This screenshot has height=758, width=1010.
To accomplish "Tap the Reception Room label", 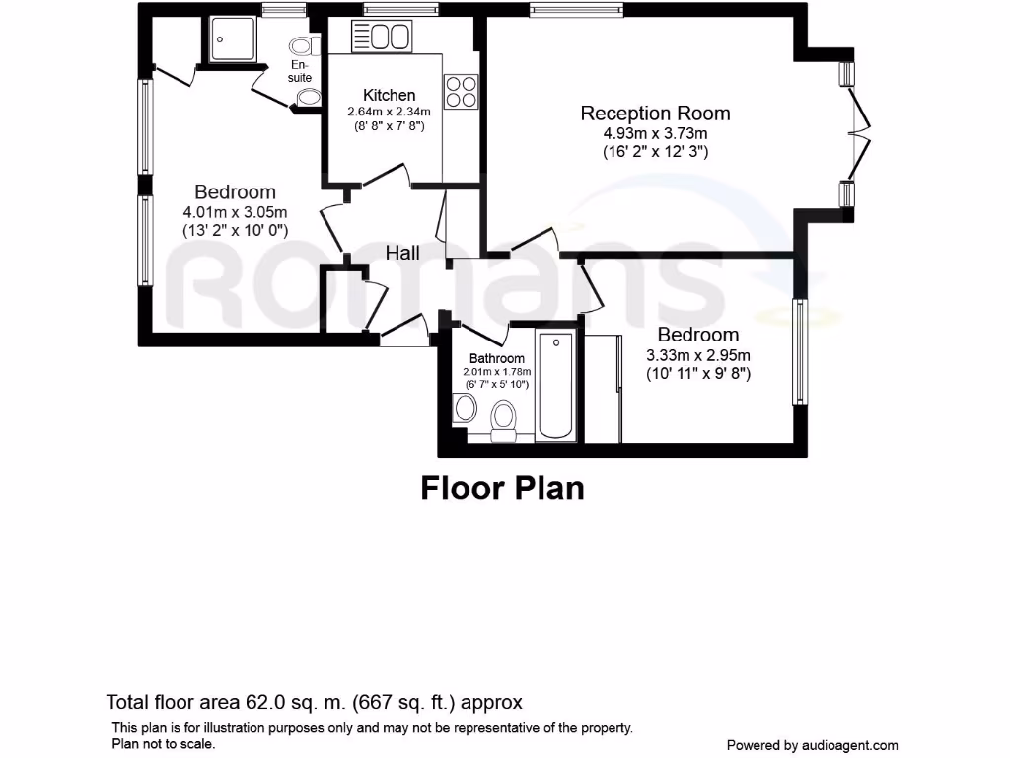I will [655, 114].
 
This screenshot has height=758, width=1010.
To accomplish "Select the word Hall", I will [402, 253].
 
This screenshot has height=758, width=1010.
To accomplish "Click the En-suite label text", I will [301, 71].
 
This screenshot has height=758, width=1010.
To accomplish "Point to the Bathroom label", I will [496, 358].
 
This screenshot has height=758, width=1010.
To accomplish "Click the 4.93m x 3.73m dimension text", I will [655, 133].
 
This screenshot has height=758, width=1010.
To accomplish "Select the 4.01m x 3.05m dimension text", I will [235, 212].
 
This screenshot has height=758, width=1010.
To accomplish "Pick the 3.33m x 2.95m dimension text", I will [698, 355].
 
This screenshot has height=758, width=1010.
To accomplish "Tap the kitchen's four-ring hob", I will [461, 92].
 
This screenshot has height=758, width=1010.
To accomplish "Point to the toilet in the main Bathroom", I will [505, 416].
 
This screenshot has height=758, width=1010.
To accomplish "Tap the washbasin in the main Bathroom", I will [465, 406].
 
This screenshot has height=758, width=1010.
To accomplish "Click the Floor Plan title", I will [502, 488].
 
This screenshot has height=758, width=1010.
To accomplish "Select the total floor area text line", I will [314, 703].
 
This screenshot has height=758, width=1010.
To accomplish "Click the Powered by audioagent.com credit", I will [812, 745].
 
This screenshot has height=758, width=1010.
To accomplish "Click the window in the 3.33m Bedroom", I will [800, 351].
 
